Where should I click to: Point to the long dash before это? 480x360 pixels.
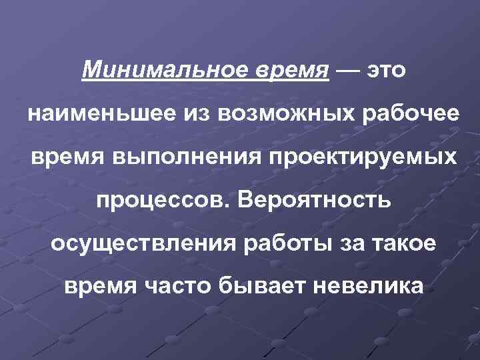(349, 69)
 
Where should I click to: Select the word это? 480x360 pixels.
(386, 69)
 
